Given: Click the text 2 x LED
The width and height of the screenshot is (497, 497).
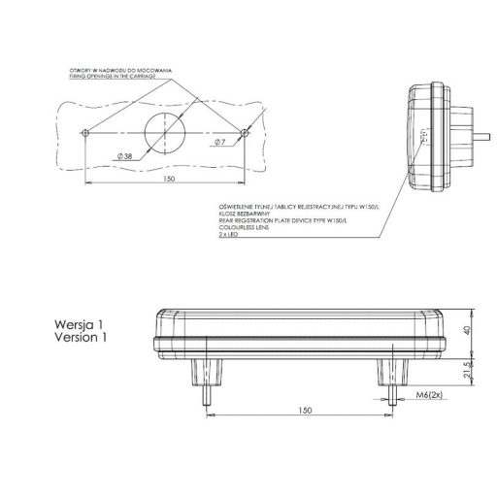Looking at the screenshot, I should (x=231, y=236).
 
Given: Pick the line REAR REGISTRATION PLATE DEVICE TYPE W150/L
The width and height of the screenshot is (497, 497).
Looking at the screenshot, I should (x=283, y=221).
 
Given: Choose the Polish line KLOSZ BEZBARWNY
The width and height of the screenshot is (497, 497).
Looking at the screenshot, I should (x=246, y=214).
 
